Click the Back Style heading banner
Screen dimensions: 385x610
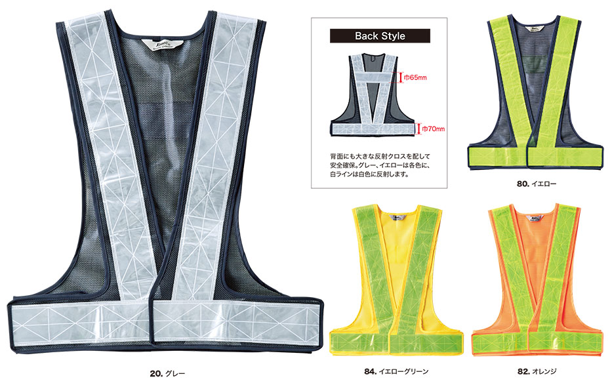click(380, 36)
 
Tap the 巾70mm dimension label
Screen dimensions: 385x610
click(432, 129)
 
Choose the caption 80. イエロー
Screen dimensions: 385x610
click(536, 184)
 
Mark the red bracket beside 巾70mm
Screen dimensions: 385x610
click(418, 129)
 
